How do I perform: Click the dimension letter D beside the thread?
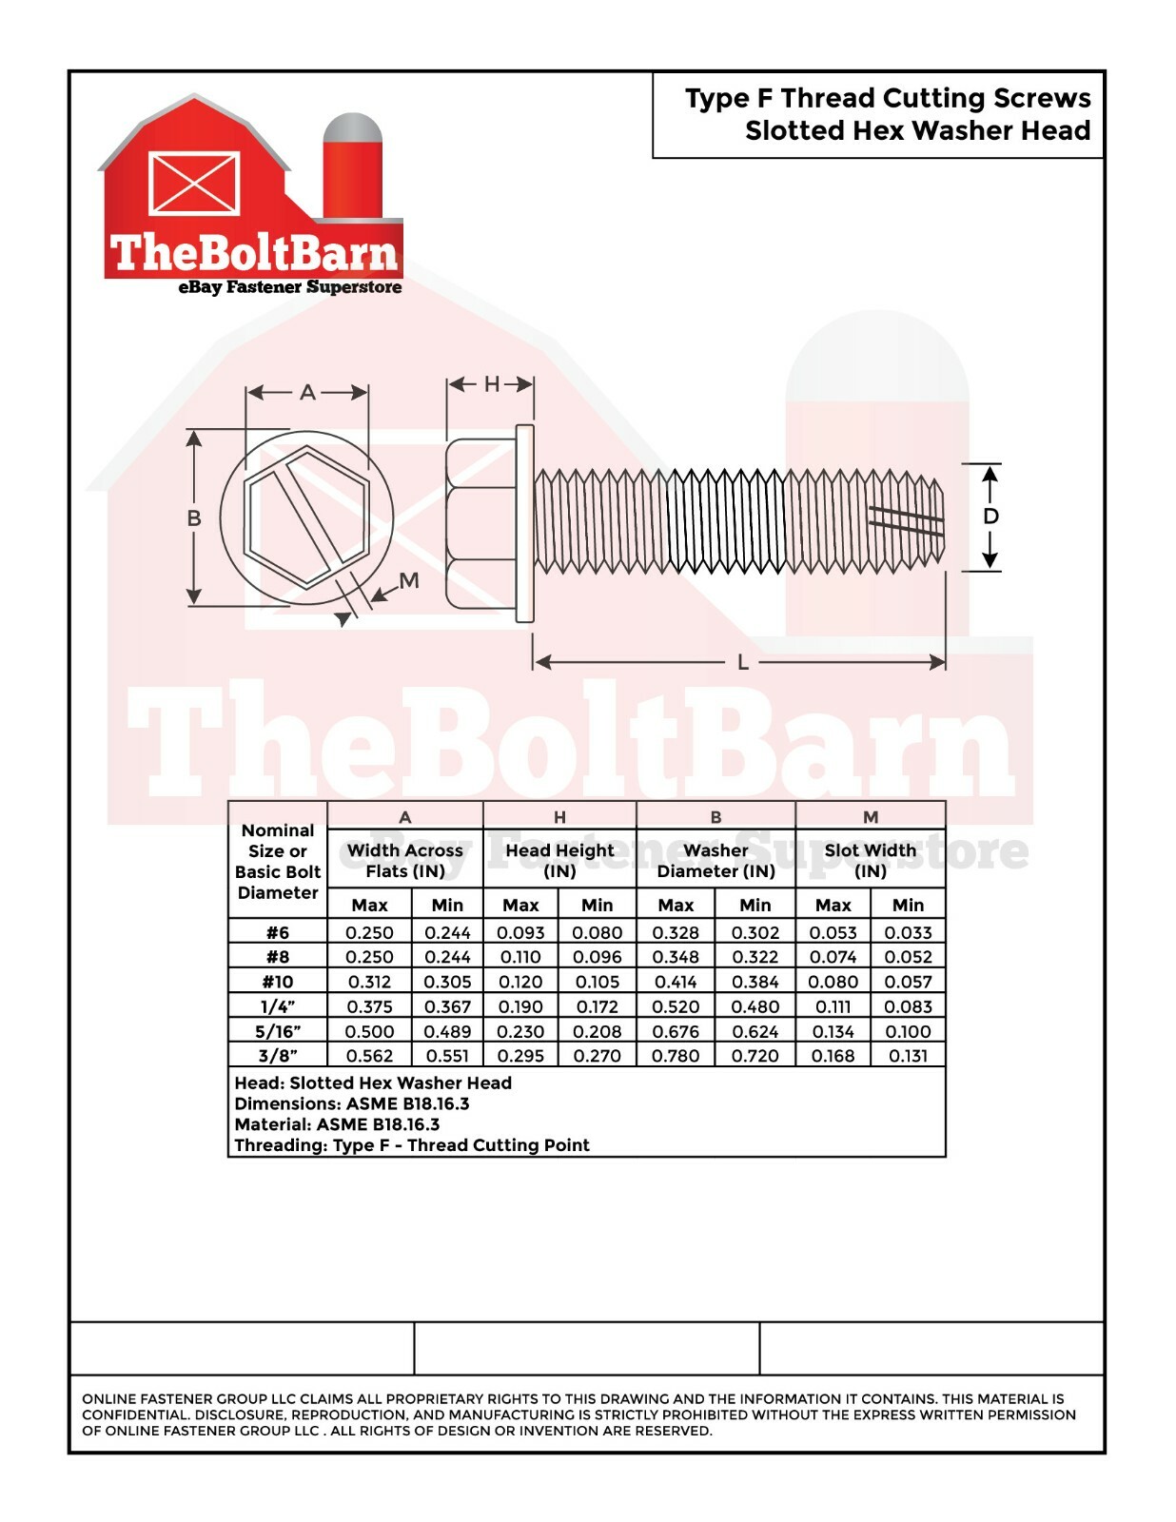[x=990, y=517]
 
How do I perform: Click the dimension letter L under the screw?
[x=743, y=662]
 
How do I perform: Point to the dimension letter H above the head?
[x=493, y=383]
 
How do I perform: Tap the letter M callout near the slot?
[x=409, y=580]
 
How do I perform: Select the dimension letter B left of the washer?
[x=194, y=517]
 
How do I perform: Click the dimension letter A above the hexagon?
[x=307, y=392]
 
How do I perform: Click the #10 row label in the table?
[x=278, y=982]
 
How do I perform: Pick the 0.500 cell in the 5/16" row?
[x=370, y=1031]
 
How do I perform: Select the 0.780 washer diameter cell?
[x=676, y=1056]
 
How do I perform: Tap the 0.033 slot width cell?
[x=908, y=932]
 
